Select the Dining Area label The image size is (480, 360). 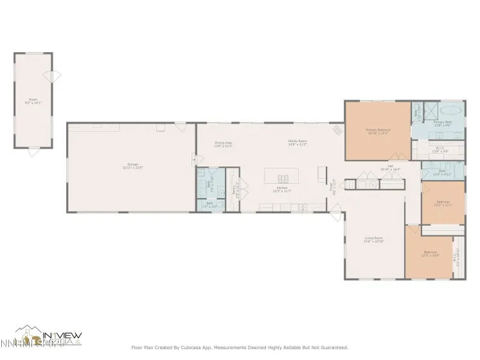(x=223, y=144)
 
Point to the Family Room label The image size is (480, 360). (x=297, y=143)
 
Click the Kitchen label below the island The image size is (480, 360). (x=281, y=190)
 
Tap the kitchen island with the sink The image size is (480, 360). (x=281, y=177)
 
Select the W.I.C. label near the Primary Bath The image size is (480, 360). (x=440, y=150)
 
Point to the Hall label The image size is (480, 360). (x=390, y=168)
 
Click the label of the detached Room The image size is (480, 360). (x=32, y=100)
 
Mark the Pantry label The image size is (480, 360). (x=235, y=190)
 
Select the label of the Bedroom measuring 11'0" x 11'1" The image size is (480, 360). (x=443, y=204)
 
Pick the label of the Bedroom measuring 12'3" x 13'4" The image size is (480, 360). (x=429, y=253)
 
